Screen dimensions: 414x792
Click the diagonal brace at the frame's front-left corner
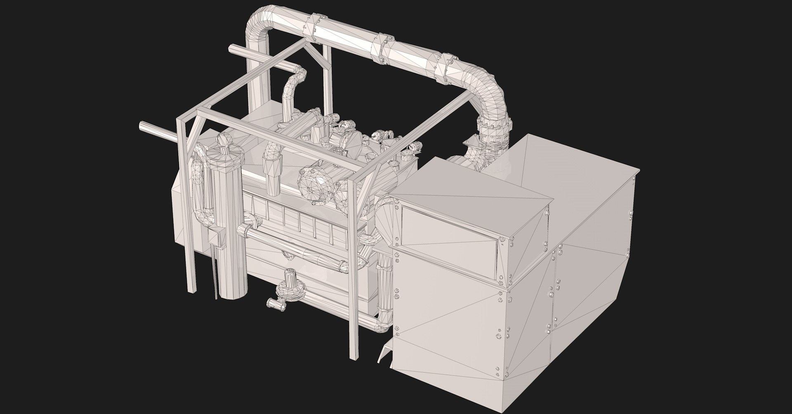click(x=193, y=136)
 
